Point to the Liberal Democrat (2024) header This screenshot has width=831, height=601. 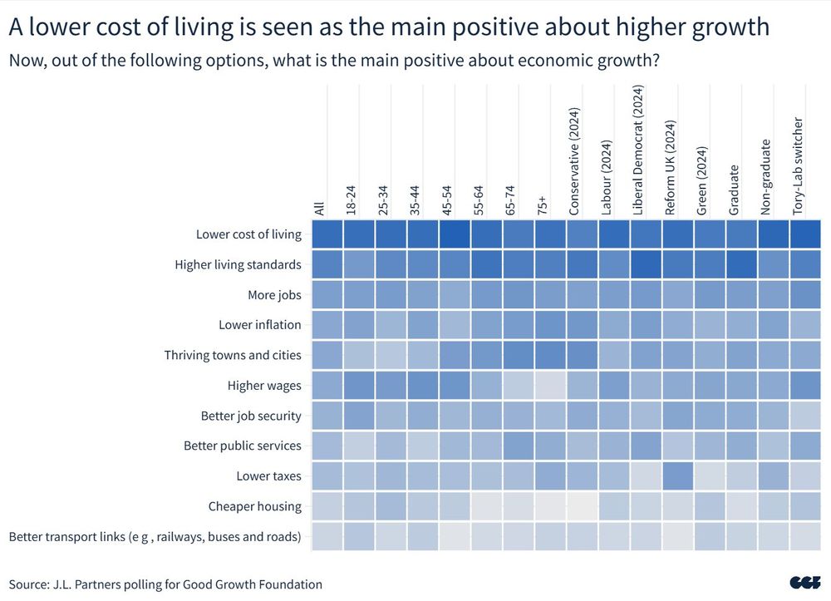click(x=638, y=150)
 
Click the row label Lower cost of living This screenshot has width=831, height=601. click(x=248, y=234)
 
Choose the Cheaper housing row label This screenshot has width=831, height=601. click(x=254, y=506)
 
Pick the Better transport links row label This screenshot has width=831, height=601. click(x=155, y=536)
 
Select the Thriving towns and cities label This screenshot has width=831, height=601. click(x=233, y=355)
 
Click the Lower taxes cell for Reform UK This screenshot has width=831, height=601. click(x=676, y=476)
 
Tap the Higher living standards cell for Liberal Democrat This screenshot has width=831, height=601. click(x=645, y=264)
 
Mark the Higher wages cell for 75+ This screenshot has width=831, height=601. click(x=549, y=385)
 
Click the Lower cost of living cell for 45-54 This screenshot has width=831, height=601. click(x=454, y=234)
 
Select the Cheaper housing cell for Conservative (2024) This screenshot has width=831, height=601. click(x=581, y=506)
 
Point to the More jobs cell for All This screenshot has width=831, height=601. click(x=326, y=294)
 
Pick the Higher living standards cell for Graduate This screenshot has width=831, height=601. click(x=740, y=264)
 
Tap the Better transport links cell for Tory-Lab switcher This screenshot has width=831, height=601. click(x=804, y=536)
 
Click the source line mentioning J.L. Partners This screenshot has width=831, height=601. click(x=165, y=584)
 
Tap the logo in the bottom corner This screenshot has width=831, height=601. click(x=805, y=584)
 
